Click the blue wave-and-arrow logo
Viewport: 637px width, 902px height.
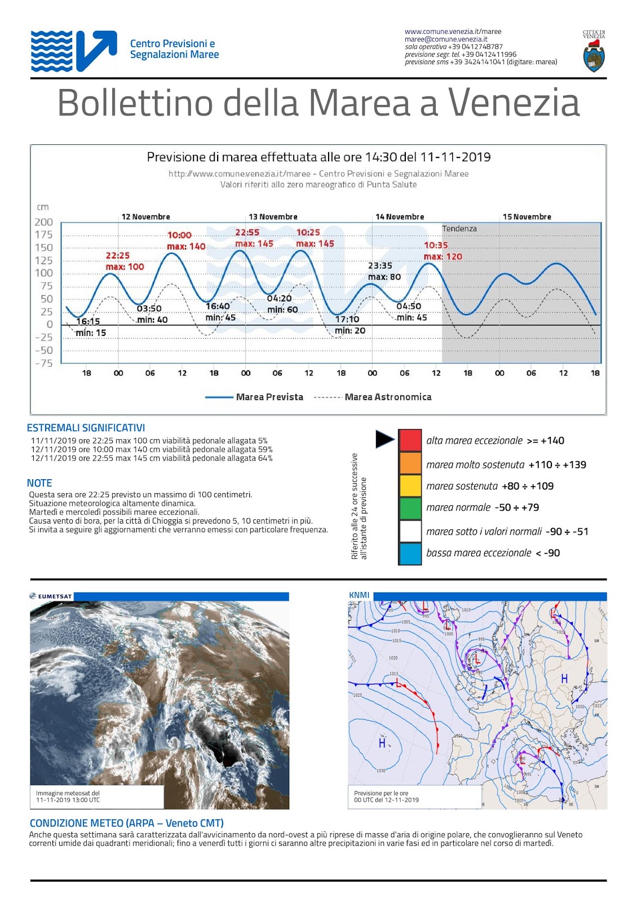coord(74,51)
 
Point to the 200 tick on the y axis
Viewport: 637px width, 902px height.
coord(44,222)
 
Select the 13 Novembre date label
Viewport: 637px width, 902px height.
coord(273,216)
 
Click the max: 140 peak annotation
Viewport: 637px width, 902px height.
coord(186,246)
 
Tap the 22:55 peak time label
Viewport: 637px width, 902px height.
coord(247,232)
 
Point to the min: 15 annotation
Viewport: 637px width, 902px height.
coord(91,333)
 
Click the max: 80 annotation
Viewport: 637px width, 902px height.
coord(384,277)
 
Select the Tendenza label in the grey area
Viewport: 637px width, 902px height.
coord(459,228)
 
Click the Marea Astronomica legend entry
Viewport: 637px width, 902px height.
coord(388,397)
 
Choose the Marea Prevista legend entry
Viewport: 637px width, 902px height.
coord(269,397)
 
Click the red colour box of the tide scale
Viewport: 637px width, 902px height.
coord(410,440)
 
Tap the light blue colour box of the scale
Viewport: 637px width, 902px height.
coord(410,554)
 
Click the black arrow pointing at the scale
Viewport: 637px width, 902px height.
coord(384,439)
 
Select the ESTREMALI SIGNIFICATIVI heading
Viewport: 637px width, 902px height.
coord(86,428)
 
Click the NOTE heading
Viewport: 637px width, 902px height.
coord(39,483)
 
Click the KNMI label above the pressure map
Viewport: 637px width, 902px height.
coord(359,595)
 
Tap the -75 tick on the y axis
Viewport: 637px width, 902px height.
coord(44,363)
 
